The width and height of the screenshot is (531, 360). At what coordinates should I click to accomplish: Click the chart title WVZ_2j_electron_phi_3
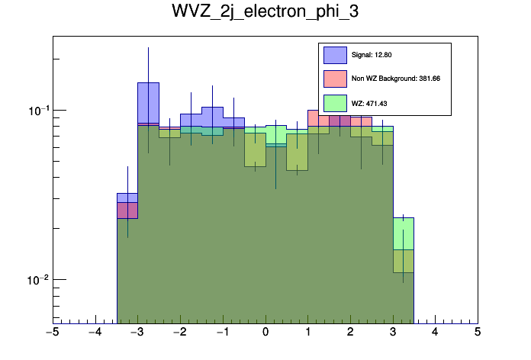point(265,14)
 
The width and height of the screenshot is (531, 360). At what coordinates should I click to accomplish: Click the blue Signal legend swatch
point(335,55)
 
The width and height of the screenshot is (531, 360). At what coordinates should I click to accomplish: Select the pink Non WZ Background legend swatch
point(335,79)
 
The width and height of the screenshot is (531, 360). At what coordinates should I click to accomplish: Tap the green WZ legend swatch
point(335,102)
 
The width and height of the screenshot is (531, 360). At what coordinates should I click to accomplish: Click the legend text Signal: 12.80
point(372,55)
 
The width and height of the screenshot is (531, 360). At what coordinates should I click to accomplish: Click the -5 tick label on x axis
point(52,333)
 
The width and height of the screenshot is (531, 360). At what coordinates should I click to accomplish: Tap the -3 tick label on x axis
point(137,333)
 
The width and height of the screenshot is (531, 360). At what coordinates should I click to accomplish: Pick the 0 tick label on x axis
point(265,333)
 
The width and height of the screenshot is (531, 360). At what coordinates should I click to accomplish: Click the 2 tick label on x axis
point(350,333)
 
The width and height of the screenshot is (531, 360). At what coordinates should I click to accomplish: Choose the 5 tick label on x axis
point(478,333)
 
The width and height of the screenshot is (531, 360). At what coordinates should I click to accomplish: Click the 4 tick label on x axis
point(435,333)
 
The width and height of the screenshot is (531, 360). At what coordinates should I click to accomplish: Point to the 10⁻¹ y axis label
point(38,111)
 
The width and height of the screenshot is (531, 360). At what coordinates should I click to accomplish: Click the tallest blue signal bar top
point(148,83)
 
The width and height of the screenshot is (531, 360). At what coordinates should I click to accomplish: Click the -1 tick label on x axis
point(221,333)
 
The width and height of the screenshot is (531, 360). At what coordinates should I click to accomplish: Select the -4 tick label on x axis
point(94,333)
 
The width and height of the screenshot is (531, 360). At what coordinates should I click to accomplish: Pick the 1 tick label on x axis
point(307,333)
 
